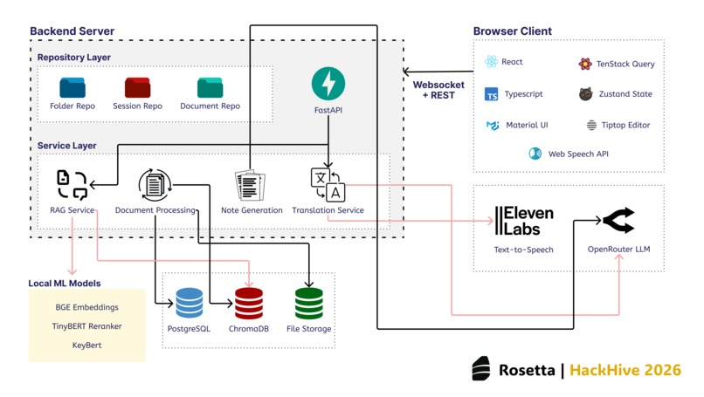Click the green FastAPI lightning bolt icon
pyautogui.click(x=328, y=84)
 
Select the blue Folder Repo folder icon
pyautogui.click(x=72, y=87)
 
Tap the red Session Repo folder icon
pyautogui.click(x=137, y=87)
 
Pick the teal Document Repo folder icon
pyautogui.click(x=210, y=87)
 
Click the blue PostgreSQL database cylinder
pyautogui.click(x=189, y=303)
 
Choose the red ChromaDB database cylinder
pyautogui.click(x=249, y=303)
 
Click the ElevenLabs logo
pyautogui.click(x=524, y=221)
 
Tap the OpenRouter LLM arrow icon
pyautogui.click(x=618, y=221)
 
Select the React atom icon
pyautogui.click(x=492, y=63)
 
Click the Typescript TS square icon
pyautogui.click(x=492, y=94)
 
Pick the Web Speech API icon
pyautogui.click(x=535, y=154)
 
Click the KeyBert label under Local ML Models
pyautogui.click(x=86, y=346)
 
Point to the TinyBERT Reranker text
pyautogui.click(x=86, y=326)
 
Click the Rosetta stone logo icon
pyautogui.click(x=480, y=369)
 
